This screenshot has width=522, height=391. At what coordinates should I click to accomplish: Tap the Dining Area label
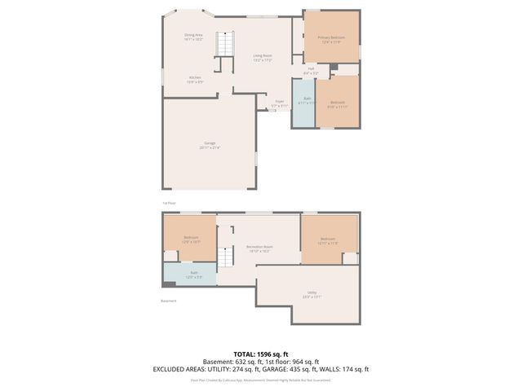coord(193,37)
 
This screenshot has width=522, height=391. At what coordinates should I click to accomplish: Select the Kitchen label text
coord(194,79)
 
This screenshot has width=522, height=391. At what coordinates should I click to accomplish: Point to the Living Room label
coord(261,57)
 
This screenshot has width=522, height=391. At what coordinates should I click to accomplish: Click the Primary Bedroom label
coord(330,40)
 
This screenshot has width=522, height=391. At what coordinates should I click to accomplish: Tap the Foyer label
coord(280,103)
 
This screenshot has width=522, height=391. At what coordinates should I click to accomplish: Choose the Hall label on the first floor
coord(311,70)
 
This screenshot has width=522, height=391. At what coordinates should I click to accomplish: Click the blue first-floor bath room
coord(303,103)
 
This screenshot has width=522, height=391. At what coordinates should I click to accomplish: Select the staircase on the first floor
coord(224,44)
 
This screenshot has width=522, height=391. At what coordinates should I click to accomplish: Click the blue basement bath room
coord(190,275)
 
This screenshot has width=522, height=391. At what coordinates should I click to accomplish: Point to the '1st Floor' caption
coord(170,203)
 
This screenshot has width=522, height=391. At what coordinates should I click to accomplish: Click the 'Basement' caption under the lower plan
coord(169,301)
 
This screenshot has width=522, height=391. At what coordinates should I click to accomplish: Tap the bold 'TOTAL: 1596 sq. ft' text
coord(261,354)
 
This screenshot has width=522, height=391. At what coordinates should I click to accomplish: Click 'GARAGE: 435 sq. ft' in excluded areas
coord(289,369)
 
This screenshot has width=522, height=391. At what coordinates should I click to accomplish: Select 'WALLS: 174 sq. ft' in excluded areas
coord(345,369)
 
